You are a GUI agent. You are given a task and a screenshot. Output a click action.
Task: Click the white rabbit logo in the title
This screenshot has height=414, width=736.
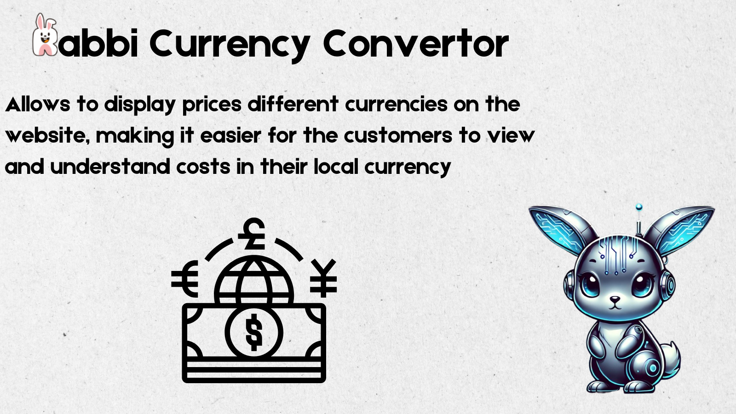(x=44, y=36)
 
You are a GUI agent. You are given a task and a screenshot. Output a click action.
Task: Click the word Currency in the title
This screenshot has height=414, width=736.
(x=230, y=44)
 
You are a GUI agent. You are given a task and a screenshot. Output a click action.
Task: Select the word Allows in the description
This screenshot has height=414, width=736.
(x=37, y=104)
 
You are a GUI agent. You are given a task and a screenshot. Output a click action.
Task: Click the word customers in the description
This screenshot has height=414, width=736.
(x=398, y=136)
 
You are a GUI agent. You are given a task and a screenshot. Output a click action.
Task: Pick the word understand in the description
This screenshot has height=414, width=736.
(x=110, y=167)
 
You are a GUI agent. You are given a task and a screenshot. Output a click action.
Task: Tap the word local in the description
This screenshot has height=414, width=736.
(x=335, y=167)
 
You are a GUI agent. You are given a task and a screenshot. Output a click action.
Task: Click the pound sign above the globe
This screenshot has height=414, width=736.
(x=253, y=234)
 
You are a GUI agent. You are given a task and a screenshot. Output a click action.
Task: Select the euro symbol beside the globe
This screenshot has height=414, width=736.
(x=185, y=279)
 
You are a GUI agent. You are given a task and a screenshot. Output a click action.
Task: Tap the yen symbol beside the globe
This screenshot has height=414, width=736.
(x=323, y=278)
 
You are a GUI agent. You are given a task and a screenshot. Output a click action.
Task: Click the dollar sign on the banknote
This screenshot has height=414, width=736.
(x=253, y=332)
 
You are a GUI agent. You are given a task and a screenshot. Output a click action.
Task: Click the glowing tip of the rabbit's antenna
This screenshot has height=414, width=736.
(x=638, y=207)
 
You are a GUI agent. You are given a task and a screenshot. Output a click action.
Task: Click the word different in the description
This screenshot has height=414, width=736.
(x=293, y=104)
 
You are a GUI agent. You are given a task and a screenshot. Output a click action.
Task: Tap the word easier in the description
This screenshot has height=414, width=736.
(x=230, y=136)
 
